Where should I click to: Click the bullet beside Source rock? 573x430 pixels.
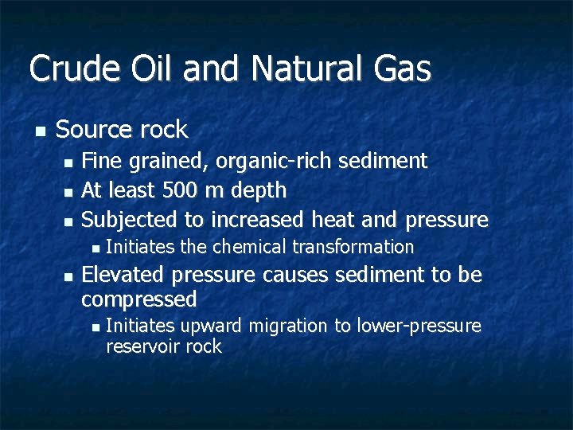coord(41,130)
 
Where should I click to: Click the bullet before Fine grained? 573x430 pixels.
coord(69,162)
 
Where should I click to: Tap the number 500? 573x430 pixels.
coord(177,190)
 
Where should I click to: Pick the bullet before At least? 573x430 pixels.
coord(69,191)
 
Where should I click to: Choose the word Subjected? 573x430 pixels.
coord(126,220)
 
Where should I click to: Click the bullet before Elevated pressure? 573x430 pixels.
coord(69,276)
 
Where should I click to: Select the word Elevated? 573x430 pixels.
coord(123,276)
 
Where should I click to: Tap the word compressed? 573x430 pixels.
coord(139,300)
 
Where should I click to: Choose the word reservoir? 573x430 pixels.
coord(142,346)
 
